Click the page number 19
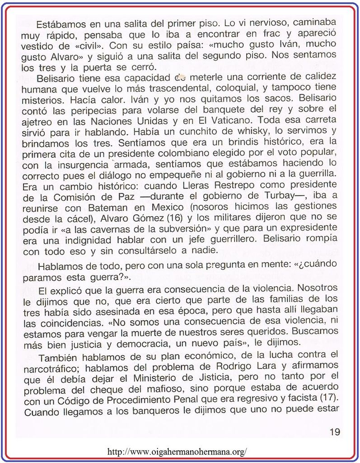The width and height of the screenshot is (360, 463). point(335,432)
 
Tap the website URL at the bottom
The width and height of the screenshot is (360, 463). point(178,452)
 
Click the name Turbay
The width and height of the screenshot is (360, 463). point(265,197)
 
